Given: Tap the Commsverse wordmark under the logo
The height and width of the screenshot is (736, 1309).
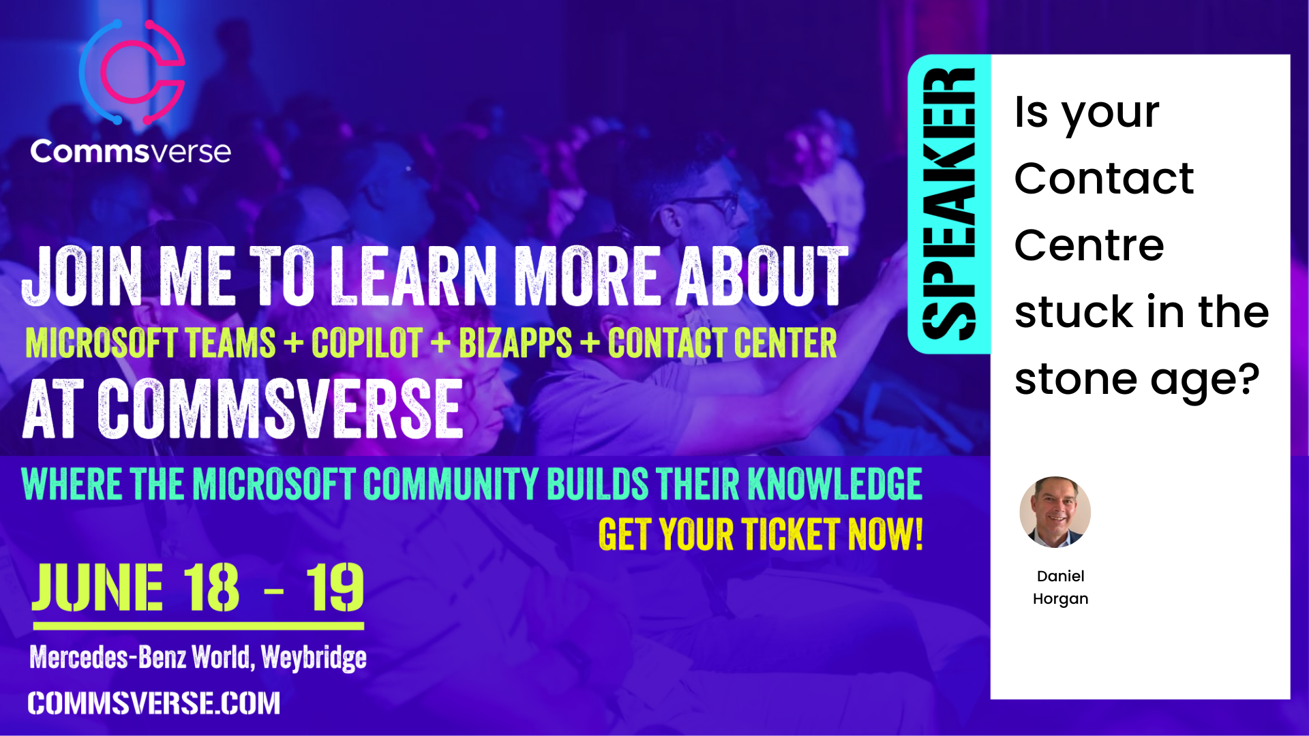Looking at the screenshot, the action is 130,151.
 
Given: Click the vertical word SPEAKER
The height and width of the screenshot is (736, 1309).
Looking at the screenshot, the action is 948,204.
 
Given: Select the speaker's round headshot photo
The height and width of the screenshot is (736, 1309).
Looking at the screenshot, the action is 1055,512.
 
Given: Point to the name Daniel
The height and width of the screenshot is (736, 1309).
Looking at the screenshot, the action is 1060,576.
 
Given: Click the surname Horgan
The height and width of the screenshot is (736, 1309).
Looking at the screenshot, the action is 1060,599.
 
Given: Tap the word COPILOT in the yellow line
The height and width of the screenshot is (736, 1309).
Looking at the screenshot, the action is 367,343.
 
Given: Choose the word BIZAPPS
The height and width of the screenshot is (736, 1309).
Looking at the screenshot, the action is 515,343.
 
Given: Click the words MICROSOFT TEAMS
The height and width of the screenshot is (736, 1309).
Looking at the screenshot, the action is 151,343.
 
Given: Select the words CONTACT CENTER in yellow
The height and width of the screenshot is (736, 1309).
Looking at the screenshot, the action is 722,343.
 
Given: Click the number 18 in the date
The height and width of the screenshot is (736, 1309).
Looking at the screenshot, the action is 211,587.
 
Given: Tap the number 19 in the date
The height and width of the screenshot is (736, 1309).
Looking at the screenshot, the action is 335,587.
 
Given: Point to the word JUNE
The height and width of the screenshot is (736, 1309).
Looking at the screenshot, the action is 97,587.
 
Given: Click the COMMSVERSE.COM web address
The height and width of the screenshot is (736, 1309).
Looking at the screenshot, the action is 154,703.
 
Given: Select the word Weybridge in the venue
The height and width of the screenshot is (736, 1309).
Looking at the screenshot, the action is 314,658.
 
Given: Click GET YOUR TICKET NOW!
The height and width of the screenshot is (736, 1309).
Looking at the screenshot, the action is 761,534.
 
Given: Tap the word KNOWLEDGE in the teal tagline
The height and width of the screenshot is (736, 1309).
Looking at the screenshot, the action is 835,484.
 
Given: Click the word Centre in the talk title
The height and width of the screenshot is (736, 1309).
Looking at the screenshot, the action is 1089,245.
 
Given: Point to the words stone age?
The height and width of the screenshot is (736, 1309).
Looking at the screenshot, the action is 1137,380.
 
